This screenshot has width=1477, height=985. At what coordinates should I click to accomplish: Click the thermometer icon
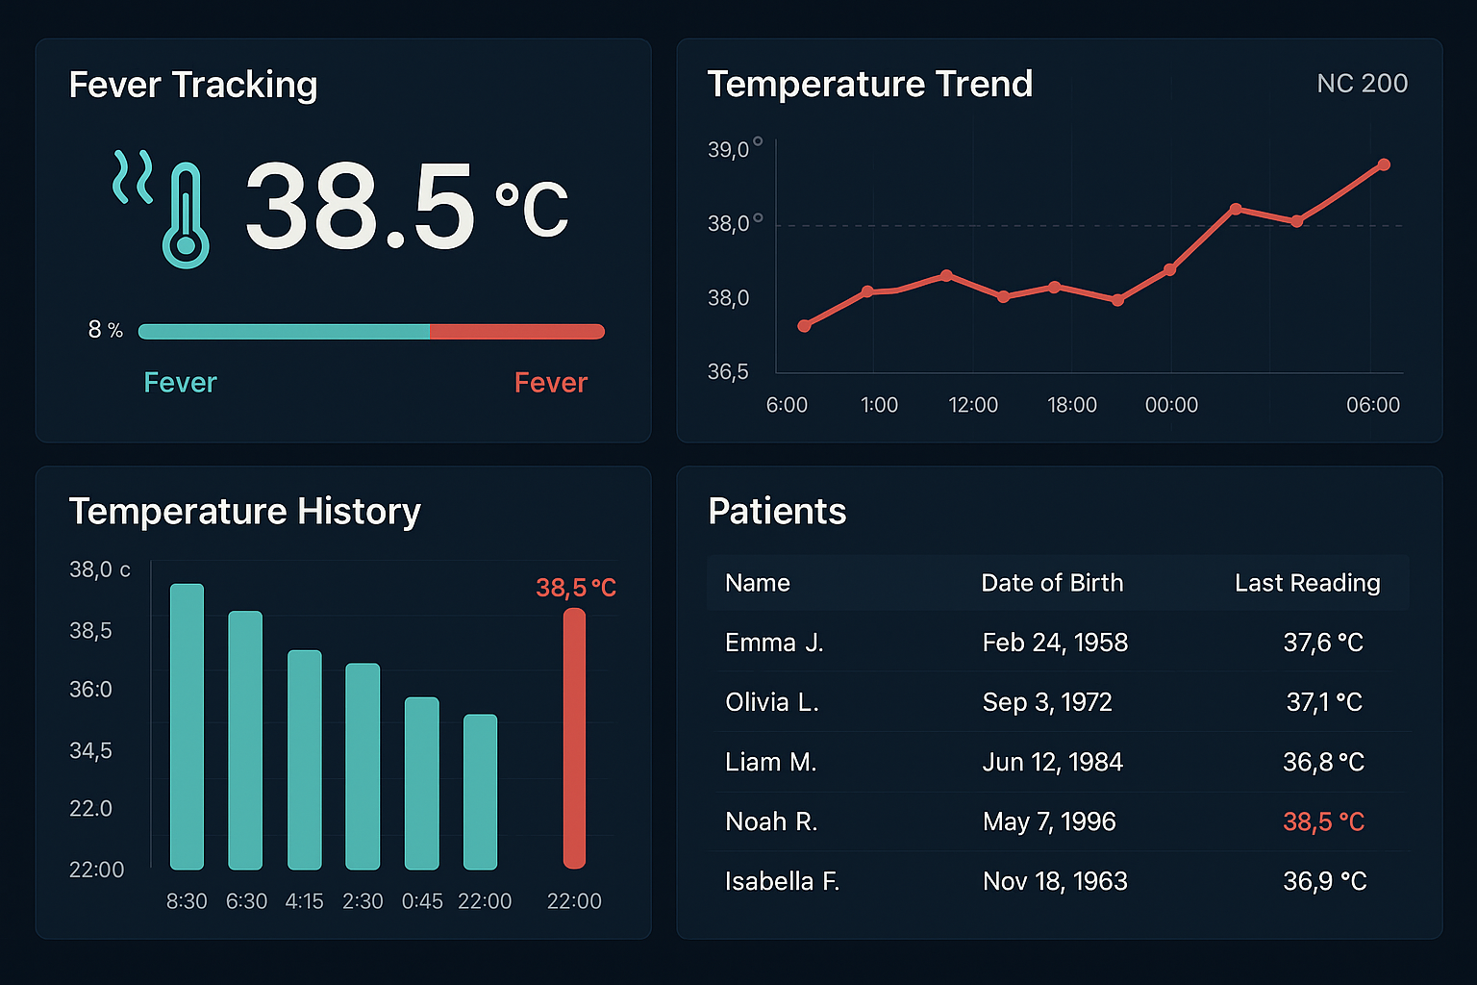pos(186,215)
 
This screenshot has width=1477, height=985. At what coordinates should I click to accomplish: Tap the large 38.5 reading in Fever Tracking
pos(360,206)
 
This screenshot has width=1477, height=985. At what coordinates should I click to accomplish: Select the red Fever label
pos(550,383)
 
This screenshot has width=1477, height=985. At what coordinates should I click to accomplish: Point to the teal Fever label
pos(180,383)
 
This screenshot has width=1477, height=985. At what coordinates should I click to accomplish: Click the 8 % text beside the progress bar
pos(106,330)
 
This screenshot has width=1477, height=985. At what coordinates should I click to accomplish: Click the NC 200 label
pos(1362,84)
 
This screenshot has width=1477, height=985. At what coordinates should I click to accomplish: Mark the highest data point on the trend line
pos(1384,164)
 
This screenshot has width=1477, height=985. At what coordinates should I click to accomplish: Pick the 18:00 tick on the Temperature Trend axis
pos(1071,405)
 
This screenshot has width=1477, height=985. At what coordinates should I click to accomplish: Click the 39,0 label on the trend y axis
pos(729,150)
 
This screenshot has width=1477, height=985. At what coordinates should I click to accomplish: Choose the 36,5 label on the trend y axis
pos(728,372)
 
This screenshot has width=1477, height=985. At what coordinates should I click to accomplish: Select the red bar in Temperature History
pos(574,738)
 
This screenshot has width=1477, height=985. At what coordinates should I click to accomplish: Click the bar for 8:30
pos(187,726)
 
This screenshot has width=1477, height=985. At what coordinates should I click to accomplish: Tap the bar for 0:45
pos(421,783)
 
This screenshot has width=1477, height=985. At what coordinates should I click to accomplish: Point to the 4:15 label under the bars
pos(304,901)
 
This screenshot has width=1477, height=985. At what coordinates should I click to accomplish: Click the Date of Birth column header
pos(1052,583)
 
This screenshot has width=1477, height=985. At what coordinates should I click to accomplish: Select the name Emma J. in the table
pos(774,643)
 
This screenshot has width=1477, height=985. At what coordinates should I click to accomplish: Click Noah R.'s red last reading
pos(1323,821)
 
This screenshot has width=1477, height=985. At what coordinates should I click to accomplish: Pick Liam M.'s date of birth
pos(1052,762)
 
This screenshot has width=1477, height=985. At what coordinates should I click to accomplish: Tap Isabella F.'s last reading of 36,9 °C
pos(1324,881)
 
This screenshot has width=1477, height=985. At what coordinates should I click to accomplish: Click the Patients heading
pos(777,511)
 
